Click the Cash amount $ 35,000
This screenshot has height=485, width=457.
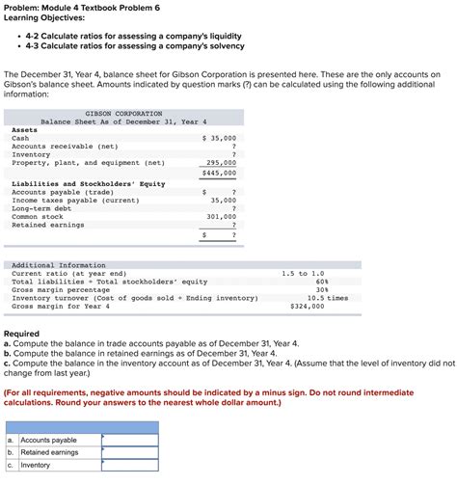click(x=219, y=138)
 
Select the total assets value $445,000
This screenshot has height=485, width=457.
click(x=219, y=173)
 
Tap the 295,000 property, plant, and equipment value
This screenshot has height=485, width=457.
click(x=221, y=163)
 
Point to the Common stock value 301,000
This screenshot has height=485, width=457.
click(x=221, y=217)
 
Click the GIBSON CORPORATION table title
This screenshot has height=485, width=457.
click(x=123, y=113)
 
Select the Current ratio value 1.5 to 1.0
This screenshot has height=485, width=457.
click(x=303, y=274)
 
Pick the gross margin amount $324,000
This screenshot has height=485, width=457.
click(x=307, y=306)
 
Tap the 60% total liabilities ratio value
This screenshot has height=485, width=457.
click(x=322, y=282)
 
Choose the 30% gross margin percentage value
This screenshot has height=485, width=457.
click(x=322, y=289)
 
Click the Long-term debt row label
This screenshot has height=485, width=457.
click(x=41, y=208)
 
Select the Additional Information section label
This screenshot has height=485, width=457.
click(x=59, y=265)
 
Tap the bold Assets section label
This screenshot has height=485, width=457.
click(x=24, y=130)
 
